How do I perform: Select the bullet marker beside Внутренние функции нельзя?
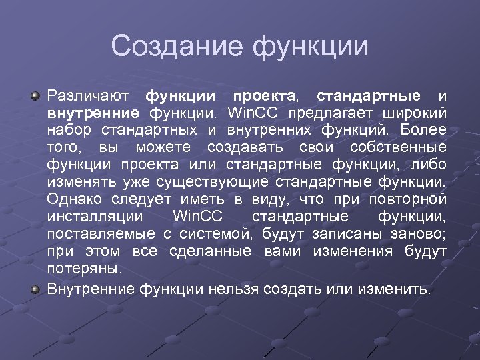tap(36, 289)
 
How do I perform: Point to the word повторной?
tap(408, 199)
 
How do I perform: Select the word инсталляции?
tap(94, 216)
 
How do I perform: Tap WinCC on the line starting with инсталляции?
tap(198, 216)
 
